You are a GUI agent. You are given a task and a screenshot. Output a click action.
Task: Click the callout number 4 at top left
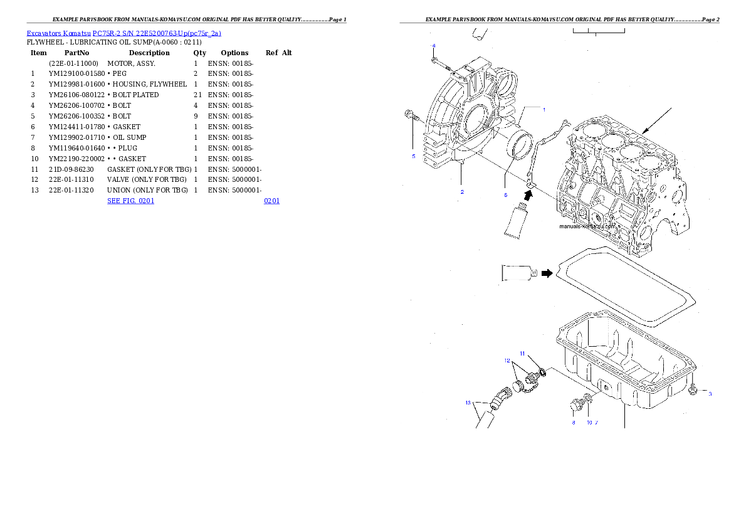click(433, 46)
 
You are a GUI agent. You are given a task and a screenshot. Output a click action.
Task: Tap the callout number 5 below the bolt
click(413, 156)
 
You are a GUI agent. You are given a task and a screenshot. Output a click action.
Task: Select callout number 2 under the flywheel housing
click(462, 192)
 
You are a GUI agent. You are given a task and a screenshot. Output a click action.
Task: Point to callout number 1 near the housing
click(544, 109)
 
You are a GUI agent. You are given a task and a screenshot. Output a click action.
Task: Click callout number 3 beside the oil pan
click(710, 394)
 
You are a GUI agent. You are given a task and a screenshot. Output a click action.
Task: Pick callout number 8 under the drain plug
click(573, 423)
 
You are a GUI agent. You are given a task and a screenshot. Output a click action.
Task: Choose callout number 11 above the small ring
click(522, 354)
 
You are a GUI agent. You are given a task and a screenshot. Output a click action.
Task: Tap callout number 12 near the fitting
click(507, 361)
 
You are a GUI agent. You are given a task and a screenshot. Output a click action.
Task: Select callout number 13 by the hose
click(468, 403)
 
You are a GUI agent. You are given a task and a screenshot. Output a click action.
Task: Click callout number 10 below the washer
click(589, 423)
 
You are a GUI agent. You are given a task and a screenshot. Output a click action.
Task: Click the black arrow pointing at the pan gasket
click(547, 273)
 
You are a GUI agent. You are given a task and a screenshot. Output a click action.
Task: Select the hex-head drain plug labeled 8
click(575, 406)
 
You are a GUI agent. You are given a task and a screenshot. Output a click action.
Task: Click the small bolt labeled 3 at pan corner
click(693, 391)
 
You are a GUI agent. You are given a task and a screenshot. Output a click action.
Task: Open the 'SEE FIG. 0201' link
click(130, 201)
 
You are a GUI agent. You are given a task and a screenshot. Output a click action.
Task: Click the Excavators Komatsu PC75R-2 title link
click(123, 33)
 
